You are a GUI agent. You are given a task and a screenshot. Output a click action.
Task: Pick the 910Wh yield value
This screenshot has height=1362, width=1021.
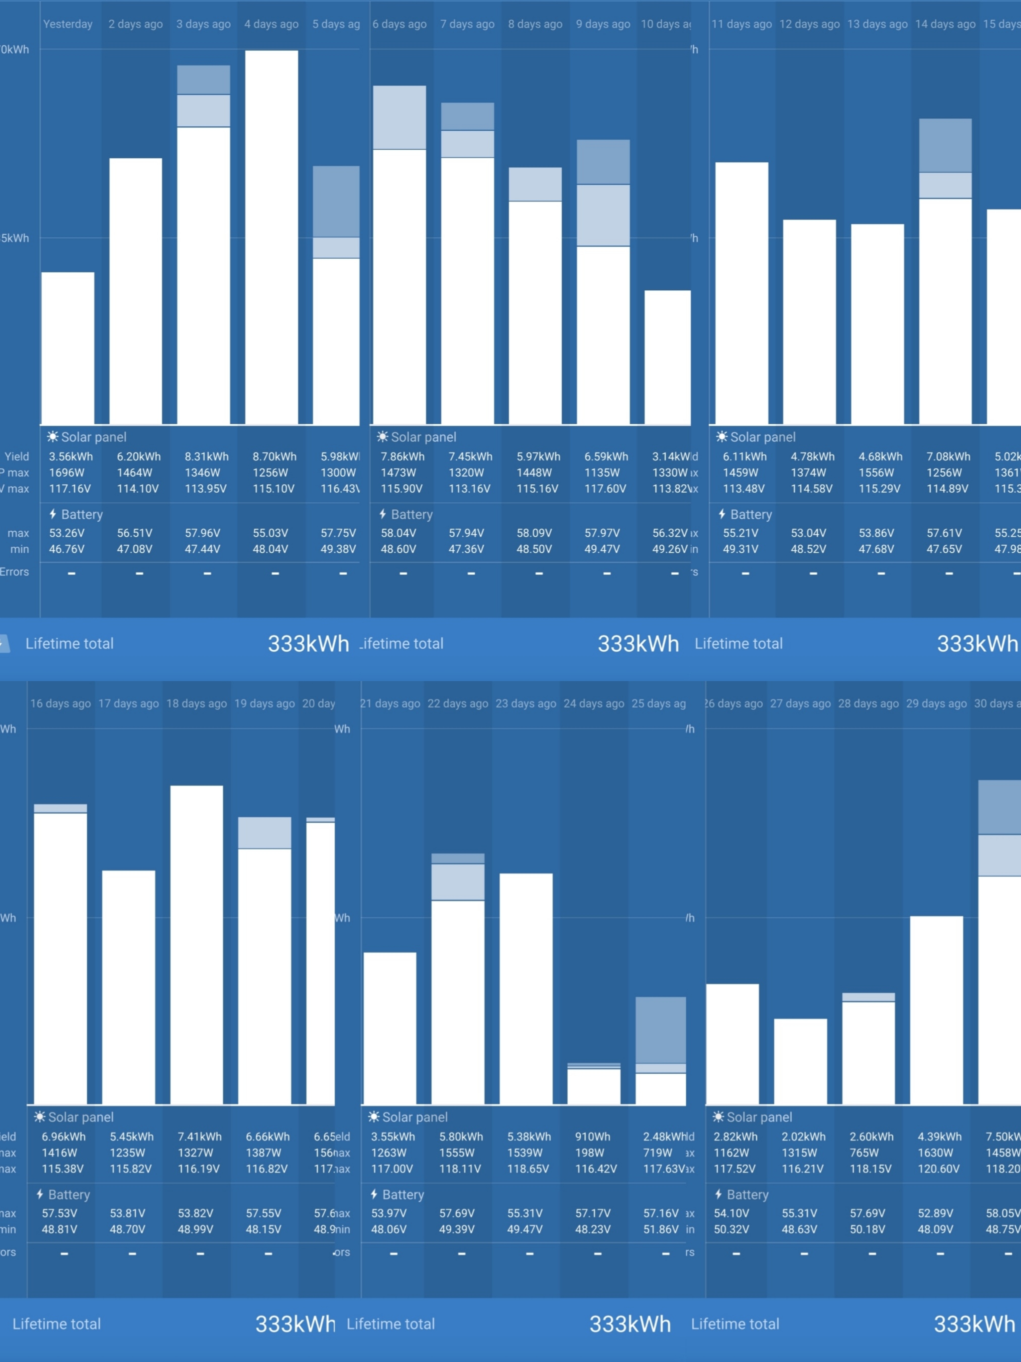pos(593,1137)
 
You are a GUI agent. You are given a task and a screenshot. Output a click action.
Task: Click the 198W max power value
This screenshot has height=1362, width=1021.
pos(590,1153)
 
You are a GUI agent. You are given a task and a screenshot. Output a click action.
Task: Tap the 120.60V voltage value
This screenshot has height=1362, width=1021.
pos(938,1169)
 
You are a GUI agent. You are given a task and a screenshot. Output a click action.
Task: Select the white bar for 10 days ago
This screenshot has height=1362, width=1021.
pos(667,357)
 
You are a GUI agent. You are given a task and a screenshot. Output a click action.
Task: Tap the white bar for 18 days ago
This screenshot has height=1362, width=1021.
pos(196,945)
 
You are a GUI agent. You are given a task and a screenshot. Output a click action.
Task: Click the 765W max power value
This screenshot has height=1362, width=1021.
pos(864,1153)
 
